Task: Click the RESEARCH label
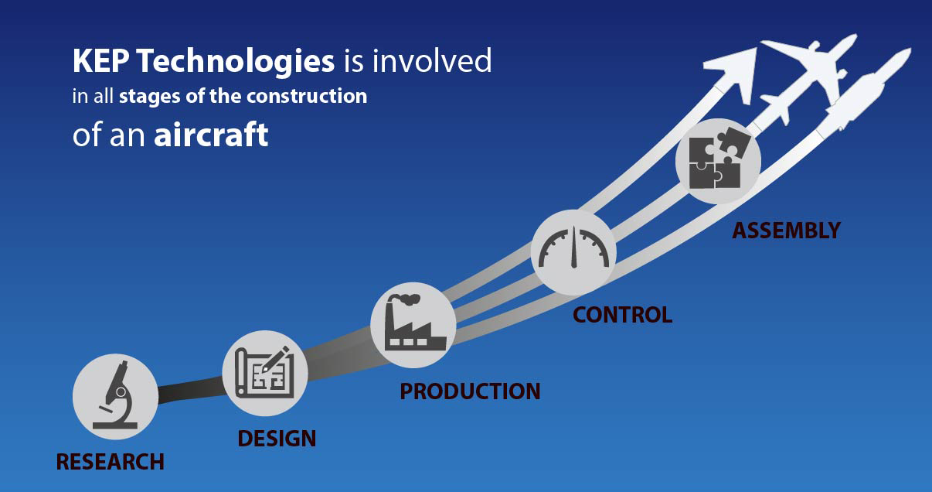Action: pyautogui.click(x=110, y=462)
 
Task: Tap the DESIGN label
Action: pyautogui.click(x=277, y=439)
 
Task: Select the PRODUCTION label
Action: pyautogui.click(x=469, y=391)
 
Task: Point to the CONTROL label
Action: pyautogui.click(x=621, y=314)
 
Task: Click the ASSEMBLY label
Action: pyautogui.click(x=786, y=230)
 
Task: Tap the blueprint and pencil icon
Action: pyautogui.click(x=265, y=373)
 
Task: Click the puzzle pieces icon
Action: pyautogui.click(x=717, y=161)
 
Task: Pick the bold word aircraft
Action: pyautogui.click(x=211, y=135)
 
